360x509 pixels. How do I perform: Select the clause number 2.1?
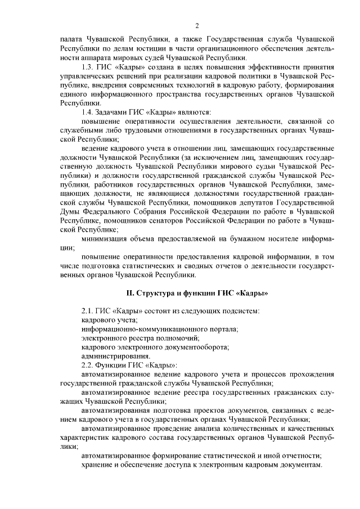coord(88,311)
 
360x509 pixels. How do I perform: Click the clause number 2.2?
coord(88,365)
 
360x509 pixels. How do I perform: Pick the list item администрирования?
coord(115,356)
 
